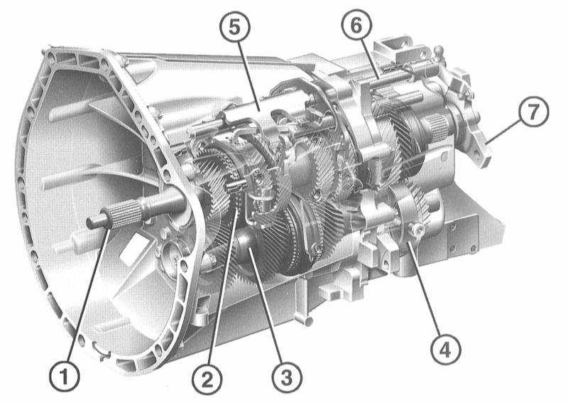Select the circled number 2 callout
pyautogui.click(x=207, y=380)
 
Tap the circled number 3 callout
pyautogui.click(x=286, y=377)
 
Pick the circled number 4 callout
pyautogui.click(x=445, y=350)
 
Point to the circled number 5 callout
pyautogui.click(x=235, y=27)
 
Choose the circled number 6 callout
pyautogui.click(x=356, y=26)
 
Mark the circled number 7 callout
pyautogui.click(x=533, y=112)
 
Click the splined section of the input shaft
pyautogui.click(x=126, y=215)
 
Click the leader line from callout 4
pyautogui.click(x=424, y=289)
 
